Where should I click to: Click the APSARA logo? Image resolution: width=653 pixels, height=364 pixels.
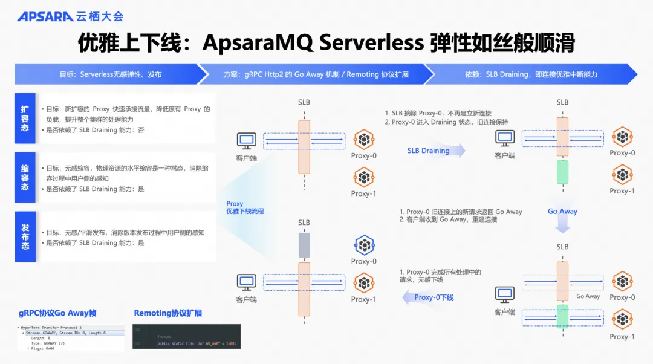(45, 16)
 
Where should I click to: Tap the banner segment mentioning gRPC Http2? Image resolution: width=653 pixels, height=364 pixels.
(317, 74)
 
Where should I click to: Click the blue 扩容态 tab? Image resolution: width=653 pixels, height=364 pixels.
(25, 118)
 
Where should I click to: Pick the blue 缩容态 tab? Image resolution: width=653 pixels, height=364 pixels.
(25, 177)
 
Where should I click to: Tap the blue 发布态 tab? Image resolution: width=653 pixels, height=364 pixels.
(25, 236)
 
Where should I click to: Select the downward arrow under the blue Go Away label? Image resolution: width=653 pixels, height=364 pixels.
(562, 225)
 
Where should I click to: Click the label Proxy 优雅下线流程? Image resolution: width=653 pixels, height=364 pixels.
(245, 207)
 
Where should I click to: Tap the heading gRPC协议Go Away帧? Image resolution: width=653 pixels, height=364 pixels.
(57, 313)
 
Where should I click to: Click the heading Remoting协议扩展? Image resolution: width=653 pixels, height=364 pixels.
(168, 313)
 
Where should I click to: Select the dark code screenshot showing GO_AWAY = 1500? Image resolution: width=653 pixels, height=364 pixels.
(187, 337)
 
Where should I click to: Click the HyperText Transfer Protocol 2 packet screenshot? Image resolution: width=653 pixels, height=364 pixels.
(70, 337)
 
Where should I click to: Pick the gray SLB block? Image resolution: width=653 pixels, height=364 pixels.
(304, 245)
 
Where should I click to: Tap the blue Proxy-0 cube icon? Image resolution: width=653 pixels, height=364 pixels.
(364, 245)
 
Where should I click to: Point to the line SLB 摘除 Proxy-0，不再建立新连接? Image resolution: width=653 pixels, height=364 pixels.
(438, 113)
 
